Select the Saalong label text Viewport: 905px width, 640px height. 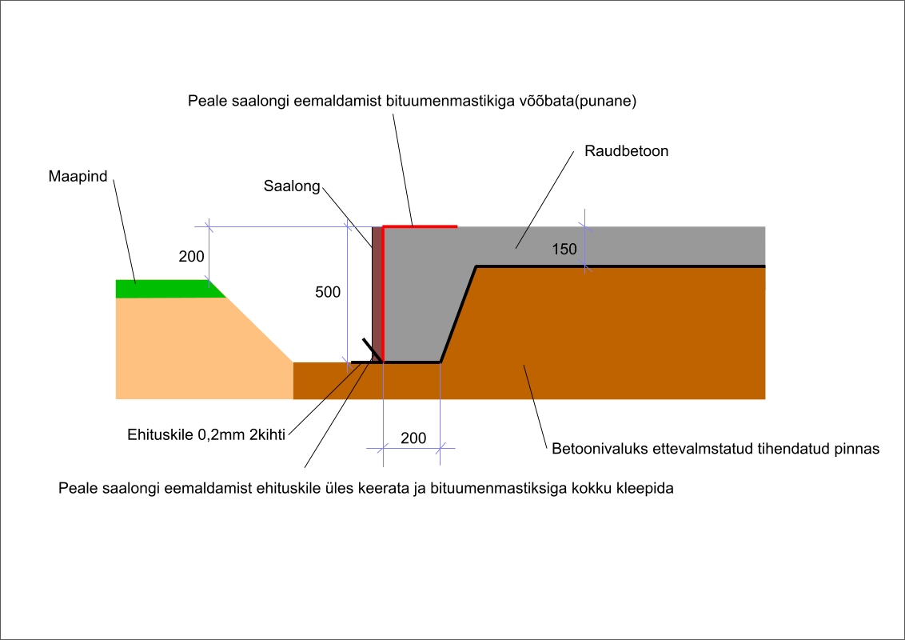pyautogui.click(x=292, y=186)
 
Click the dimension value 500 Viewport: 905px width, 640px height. pyautogui.click(x=328, y=293)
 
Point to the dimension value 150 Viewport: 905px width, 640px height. pyautogui.click(x=564, y=250)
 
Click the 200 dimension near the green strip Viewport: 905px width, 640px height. pyautogui.click(x=191, y=257)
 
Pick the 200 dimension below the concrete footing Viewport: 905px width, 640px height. pyautogui.click(x=413, y=438)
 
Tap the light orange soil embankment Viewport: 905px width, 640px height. pyautogui.click(x=192, y=352)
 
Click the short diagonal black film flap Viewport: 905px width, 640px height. pyautogui.click(x=370, y=349)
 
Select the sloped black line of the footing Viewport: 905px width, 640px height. pyautogui.click(x=459, y=314)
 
